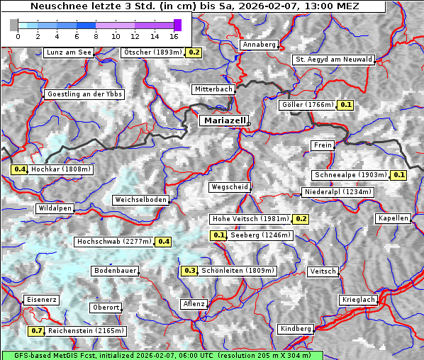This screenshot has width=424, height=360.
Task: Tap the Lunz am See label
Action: (x=68, y=52)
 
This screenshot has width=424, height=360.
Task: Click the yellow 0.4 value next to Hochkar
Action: (x=20, y=169)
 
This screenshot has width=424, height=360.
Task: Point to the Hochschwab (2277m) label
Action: (x=114, y=242)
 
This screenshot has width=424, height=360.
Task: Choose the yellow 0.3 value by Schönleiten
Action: (x=189, y=271)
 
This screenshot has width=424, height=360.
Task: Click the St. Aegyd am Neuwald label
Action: (x=333, y=60)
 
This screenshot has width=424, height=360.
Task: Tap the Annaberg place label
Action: (x=259, y=45)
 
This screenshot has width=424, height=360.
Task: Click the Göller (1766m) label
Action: (x=307, y=105)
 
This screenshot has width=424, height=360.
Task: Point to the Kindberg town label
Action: (x=296, y=329)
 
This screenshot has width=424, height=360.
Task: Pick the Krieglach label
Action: (x=357, y=300)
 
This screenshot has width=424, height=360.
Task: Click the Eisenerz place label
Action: (x=41, y=300)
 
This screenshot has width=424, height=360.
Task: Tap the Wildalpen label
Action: (x=55, y=209)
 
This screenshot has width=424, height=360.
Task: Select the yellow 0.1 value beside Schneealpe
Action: (x=398, y=175)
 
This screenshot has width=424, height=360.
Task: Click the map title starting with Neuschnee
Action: (x=193, y=6)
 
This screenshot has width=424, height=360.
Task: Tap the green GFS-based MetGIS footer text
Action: (x=162, y=355)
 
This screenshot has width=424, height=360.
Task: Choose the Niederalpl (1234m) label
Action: (x=337, y=192)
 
